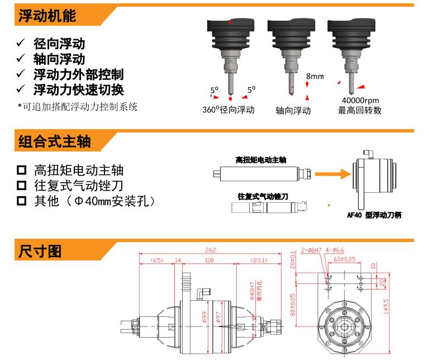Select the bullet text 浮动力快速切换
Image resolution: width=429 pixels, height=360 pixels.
(78, 89)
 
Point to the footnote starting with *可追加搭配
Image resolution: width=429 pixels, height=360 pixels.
(77, 106)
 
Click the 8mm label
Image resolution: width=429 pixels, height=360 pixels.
(314, 75)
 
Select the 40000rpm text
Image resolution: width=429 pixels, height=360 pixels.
(360, 101)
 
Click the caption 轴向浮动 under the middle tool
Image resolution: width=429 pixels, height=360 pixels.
(293, 111)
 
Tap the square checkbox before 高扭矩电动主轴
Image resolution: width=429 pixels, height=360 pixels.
(22, 170)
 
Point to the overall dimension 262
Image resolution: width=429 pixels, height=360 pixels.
(210, 251)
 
